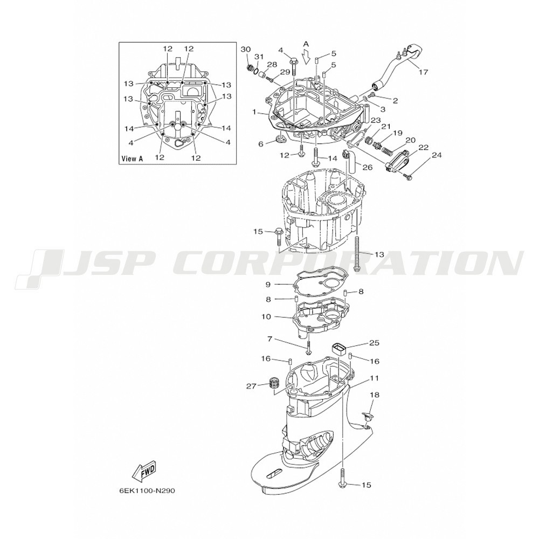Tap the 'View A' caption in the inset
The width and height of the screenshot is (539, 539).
pyautogui.click(x=132, y=159)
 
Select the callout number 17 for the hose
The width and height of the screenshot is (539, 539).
pyautogui.click(x=424, y=72)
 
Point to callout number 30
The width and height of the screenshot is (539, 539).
pyautogui.click(x=246, y=49)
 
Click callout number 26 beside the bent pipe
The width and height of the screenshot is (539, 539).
pyautogui.click(x=368, y=168)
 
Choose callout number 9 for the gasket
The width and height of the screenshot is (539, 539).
pyautogui.click(x=268, y=284)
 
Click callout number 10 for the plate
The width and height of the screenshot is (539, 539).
pyautogui.click(x=266, y=316)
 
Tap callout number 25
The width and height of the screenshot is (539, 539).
pyautogui.click(x=375, y=343)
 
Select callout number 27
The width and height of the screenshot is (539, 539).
pyautogui.click(x=251, y=386)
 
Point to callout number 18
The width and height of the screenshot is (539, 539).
pyautogui.click(x=375, y=395)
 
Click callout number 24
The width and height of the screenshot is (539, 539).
pyautogui.click(x=436, y=155)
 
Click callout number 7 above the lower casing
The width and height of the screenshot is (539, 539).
pyautogui.click(x=270, y=339)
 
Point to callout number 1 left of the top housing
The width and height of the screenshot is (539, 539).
pyautogui.click(x=254, y=112)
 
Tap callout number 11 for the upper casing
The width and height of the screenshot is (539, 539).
pyautogui.click(x=375, y=378)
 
